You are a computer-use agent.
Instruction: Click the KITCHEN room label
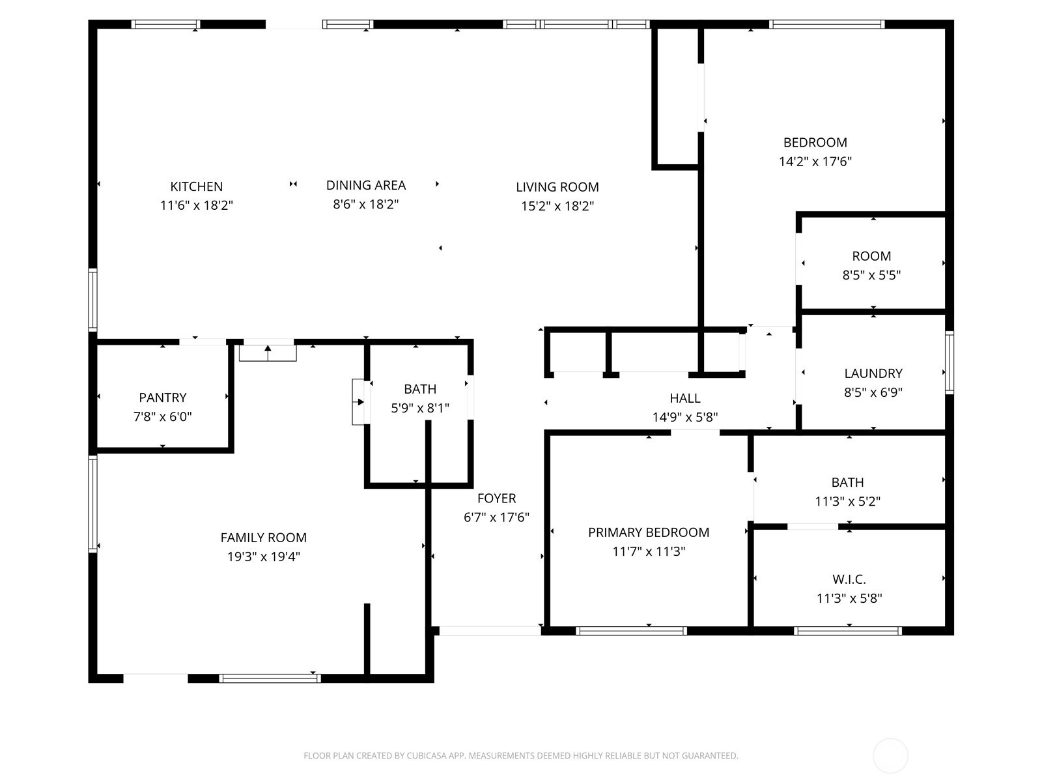[196, 186]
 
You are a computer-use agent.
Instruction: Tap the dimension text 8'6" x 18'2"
[365, 204]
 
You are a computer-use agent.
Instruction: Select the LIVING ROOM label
[557, 187]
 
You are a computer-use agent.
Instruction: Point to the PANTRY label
[163, 398]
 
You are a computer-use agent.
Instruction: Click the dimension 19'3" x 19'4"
[263, 557]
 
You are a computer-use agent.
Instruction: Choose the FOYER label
[496, 499]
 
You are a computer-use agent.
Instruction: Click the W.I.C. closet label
[849, 579]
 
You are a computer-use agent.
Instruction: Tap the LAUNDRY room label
[873, 373]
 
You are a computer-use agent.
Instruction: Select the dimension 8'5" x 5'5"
[871, 275]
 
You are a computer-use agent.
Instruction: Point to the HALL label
[685, 398]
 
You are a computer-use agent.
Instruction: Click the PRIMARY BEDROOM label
[648, 532]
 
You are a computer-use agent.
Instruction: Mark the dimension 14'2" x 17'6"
[815, 162]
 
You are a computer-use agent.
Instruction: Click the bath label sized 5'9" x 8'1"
[420, 389]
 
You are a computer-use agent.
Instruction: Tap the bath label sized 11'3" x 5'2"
[847, 483]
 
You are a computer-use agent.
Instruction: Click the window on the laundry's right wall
[949, 362]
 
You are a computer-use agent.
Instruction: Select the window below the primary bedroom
[631, 631]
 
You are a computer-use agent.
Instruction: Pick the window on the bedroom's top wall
[826, 25]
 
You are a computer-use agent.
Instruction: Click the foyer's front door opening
[489, 631]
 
